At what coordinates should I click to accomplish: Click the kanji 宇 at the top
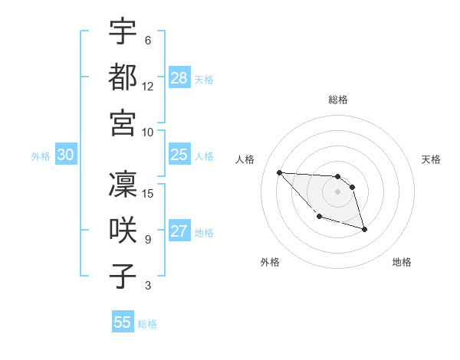123,31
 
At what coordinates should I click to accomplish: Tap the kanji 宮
123,123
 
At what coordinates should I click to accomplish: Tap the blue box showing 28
179,78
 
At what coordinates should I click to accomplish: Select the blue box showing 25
179,155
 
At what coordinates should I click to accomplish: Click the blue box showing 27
179,232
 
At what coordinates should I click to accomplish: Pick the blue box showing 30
65,155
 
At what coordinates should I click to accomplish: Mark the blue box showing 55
123,322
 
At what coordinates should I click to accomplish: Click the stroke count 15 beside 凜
149,193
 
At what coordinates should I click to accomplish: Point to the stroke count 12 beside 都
148,86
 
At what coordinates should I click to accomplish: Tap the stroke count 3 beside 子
148,286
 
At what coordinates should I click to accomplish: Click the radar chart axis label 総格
338,100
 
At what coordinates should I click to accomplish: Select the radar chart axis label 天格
431,159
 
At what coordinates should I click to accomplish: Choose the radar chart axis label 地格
402,262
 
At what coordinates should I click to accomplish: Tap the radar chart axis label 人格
245,159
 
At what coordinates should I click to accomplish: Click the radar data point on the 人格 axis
279,172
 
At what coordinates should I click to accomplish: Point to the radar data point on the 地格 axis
364,229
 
